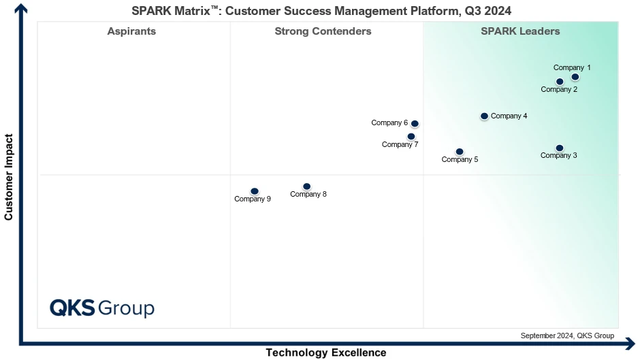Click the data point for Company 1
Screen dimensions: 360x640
(x=575, y=77)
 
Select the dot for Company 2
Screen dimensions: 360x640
(x=560, y=82)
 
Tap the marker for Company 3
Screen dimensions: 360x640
(x=560, y=148)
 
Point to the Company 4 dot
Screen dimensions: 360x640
(x=484, y=116)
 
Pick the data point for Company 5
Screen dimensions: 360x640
(x=460, y=152)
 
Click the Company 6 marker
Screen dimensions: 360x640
(x=415, y=124)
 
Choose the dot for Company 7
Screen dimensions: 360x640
(x=411, y=136)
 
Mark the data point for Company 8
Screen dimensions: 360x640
(x=306, y=186)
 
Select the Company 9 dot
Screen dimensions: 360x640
(x=255, y=191)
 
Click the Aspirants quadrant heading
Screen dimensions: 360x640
(x=131, y=31)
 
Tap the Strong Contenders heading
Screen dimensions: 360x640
(x=323, y=31)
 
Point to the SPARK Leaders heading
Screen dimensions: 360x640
(x=520, y=31)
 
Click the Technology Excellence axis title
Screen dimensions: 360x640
(x=325, y=353)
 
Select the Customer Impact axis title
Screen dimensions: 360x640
(x=9, y=177)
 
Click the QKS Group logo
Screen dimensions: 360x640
(x=102, y=308)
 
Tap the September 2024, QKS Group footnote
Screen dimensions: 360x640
(x=567, y=336)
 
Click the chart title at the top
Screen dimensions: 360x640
(x=321, y=10)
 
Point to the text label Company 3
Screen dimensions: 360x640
(x=559, y=156)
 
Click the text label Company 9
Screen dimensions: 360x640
(x=253, y=199)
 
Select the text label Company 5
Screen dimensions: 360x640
(x=460, y=160)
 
